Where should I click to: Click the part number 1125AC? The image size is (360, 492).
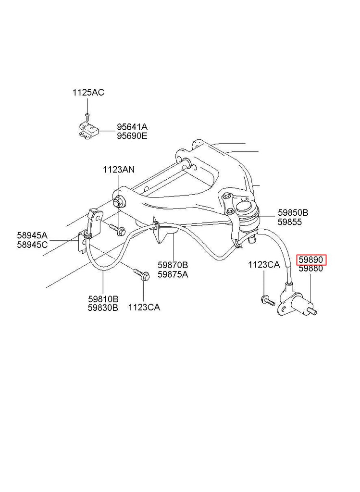(88, 92)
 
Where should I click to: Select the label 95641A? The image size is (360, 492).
(132, 127)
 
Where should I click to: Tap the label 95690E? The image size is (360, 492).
(132, 136)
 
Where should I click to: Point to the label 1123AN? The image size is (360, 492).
(119, 170)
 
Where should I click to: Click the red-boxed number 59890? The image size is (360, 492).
(311, 260)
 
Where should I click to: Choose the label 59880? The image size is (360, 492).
(310, 269)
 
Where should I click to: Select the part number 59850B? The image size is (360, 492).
(293, 213)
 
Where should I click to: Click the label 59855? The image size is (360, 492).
(289, 221)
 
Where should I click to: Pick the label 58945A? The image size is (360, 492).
(32, 235)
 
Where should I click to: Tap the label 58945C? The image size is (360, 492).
(32, 244)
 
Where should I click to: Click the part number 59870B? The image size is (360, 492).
(173, 265)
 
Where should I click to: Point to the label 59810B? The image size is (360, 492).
(103, 299)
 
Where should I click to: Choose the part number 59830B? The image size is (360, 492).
(103, 307)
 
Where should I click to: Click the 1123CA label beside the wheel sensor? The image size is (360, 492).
(264, 265)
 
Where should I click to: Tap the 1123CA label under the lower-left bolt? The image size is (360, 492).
(144, 307)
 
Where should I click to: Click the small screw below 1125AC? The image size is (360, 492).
(87, 115)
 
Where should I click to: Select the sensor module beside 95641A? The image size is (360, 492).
(87, 130)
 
